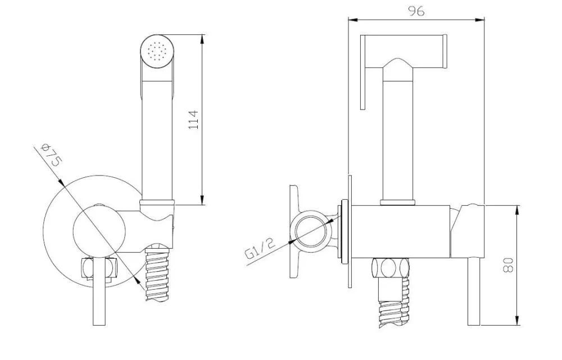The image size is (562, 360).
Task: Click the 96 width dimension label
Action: click(416, 11)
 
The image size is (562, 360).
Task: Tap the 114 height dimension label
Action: click(193, 120)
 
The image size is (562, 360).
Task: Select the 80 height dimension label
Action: click(508, 265)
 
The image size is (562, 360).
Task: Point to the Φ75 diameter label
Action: click(52, 154)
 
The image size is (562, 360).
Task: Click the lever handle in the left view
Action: click(99, 290)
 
